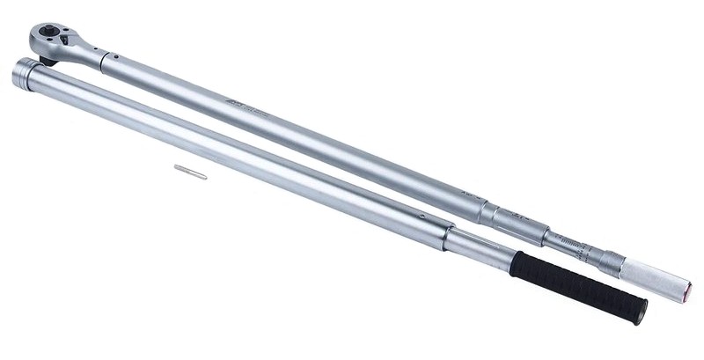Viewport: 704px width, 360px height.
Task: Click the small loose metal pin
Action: pos(190,172)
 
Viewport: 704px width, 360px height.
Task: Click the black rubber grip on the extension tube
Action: pos(576,283)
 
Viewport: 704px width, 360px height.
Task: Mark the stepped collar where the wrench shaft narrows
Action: pos(488,212)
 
